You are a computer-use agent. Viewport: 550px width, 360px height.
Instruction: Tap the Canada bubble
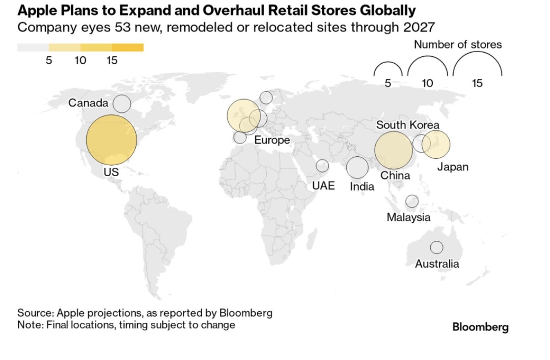coord(122,104)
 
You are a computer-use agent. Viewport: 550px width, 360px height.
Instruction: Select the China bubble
coord(393,150)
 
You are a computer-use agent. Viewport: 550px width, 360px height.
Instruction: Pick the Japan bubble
coord(436,144)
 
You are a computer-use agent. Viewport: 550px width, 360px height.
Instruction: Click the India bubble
coord(357,167)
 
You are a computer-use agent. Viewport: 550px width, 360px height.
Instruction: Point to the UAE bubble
coord(323,166)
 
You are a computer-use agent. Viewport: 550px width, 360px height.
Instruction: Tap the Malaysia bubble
coord(412,201)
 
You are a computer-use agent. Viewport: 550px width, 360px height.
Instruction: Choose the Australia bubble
coord(436,247)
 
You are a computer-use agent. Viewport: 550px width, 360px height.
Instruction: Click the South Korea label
coord(407,125)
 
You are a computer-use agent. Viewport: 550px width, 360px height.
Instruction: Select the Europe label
coord(272,140)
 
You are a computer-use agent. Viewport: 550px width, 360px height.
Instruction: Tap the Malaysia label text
coord(408,217)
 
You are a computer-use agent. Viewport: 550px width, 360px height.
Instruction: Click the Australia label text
coord(437,264)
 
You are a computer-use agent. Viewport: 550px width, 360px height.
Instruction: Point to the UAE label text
coord(324,186)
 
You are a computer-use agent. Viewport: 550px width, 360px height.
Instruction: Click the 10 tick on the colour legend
coord(81,61)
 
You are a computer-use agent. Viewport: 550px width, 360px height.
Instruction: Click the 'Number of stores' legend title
coord(458,44)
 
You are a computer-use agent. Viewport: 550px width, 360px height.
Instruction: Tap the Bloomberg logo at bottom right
coord(480,327)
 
